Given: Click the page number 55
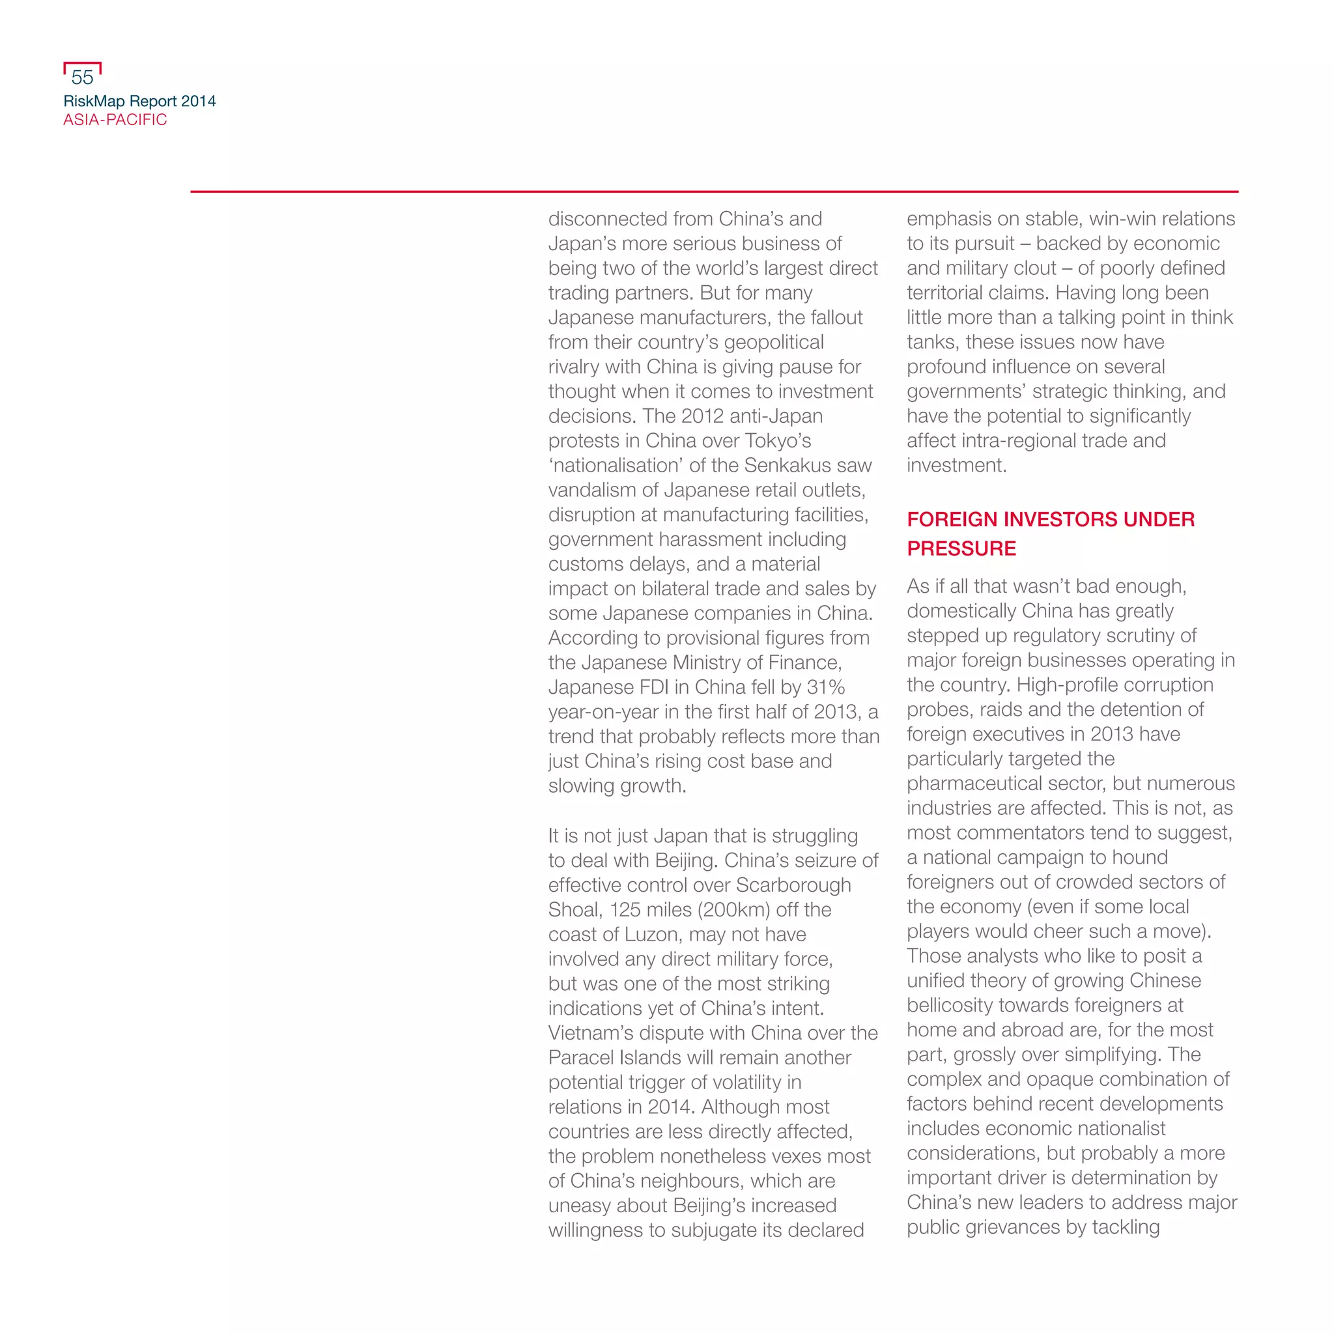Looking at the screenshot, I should [82, 78].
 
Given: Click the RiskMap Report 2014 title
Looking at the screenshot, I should [139, 101].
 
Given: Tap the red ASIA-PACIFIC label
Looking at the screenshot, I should [115, 119].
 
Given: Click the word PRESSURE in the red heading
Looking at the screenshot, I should [961, 548].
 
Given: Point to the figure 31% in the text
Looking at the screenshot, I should [825, 687].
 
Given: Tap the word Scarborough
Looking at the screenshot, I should [793, 885].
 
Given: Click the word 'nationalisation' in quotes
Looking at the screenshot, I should [615, 465].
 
